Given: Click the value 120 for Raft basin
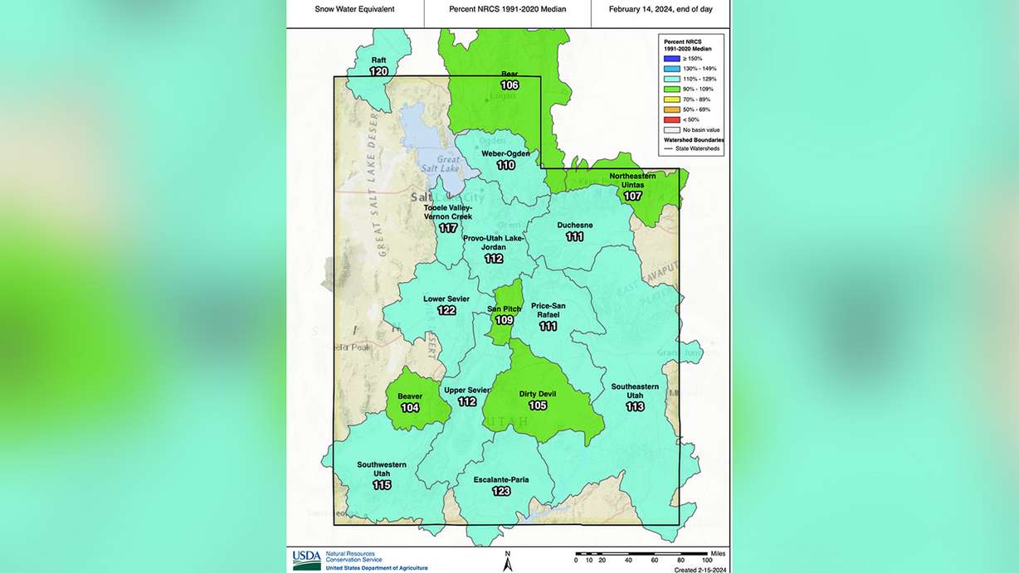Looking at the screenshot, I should pos(378,72).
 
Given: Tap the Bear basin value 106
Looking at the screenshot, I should pos(509,85).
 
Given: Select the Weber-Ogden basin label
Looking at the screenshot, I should pos(505,153).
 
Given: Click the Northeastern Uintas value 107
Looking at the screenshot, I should pos(632,197).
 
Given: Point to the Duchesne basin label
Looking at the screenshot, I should pos(574,225).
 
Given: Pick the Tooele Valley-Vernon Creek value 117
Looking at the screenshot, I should pos(448,228).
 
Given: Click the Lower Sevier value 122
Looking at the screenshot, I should pos(446,310).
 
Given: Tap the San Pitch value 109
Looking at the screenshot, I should pos(505,320).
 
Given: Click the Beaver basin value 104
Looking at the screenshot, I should pos(410,408).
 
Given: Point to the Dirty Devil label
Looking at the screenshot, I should pos(538,394).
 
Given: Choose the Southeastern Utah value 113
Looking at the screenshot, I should pos(635,407).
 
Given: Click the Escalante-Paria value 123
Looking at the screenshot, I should pos(500,491).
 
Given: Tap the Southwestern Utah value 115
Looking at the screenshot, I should pos(382,485).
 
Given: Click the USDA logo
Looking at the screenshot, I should pos(306,561).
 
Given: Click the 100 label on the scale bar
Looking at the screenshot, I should pos(707,561).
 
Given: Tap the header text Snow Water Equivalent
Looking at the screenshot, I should pos(354,9).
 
